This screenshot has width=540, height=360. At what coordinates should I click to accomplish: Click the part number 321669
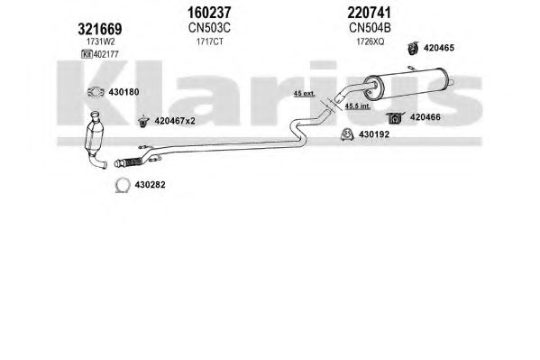(x=100, y=29)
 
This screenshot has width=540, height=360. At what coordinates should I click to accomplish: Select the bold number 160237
(x=209, y=14)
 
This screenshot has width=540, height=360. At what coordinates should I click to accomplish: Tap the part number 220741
(x=370, y=14)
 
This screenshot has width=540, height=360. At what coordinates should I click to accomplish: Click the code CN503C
(x=209, y=28)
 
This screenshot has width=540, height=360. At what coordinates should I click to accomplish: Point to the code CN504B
(x=370, y=28)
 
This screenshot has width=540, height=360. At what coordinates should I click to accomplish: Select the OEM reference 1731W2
(x=101, y=42)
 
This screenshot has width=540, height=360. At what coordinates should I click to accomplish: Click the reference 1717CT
(x=210, y=42)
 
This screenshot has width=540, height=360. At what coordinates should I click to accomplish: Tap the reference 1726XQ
(x=370, y=42)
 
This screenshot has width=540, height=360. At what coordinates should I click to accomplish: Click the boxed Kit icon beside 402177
(x=87, y=54)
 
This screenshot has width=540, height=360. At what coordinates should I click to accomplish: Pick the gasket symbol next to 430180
(x=96, y=92)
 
